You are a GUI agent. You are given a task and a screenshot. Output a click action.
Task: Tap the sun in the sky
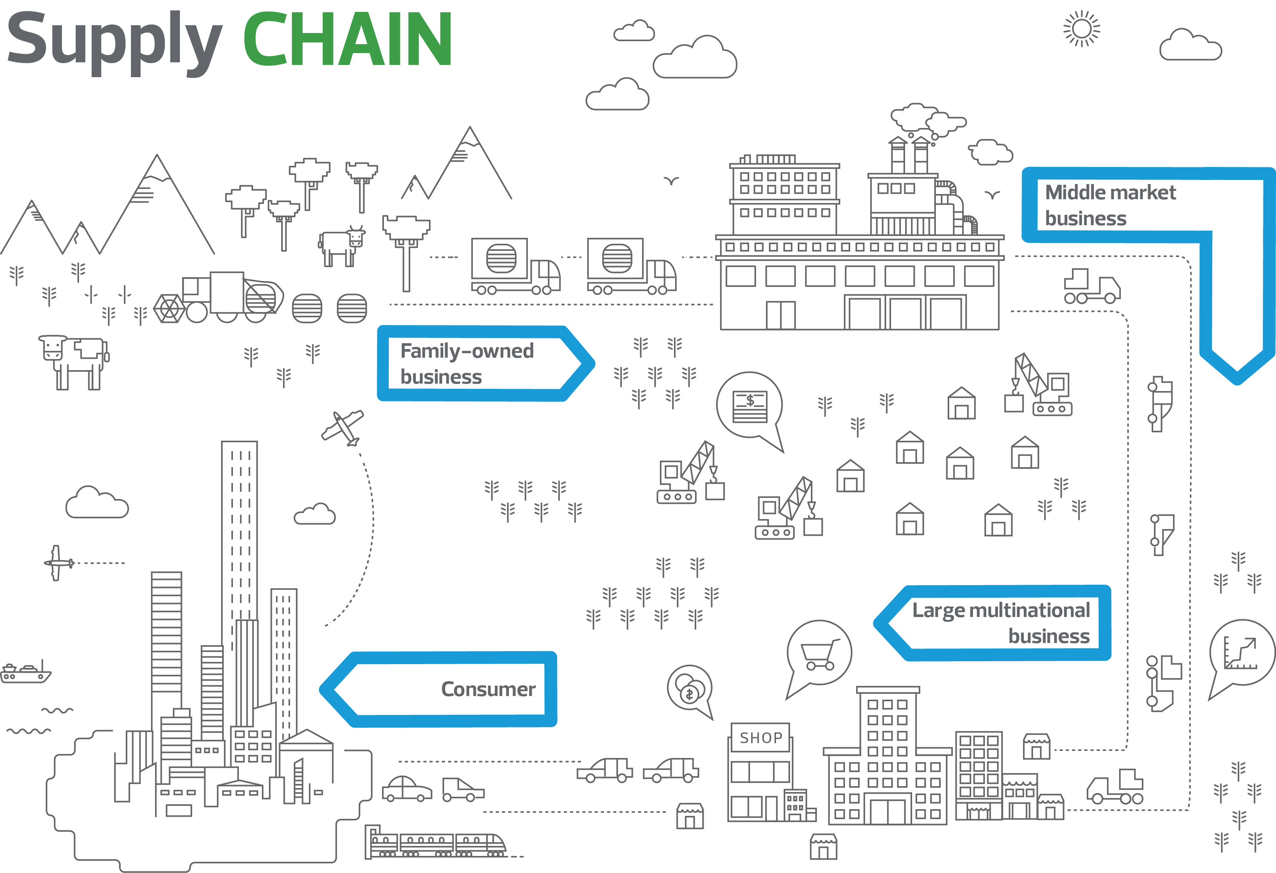click(1082, 29)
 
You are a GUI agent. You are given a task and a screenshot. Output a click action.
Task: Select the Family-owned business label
click(467, 364)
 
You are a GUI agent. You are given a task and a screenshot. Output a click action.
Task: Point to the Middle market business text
click(1109, 205)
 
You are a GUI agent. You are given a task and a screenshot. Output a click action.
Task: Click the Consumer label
click(487, 689)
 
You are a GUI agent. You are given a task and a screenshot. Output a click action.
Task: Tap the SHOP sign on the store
click(760, 737)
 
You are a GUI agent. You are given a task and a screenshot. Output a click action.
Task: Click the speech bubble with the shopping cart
click(819, 654)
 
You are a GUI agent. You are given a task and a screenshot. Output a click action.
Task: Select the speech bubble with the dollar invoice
click(749, 406)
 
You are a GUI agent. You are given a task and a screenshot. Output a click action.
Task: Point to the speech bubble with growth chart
click(1242, 653)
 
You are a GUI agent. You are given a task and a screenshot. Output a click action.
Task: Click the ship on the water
click(25, 673)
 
